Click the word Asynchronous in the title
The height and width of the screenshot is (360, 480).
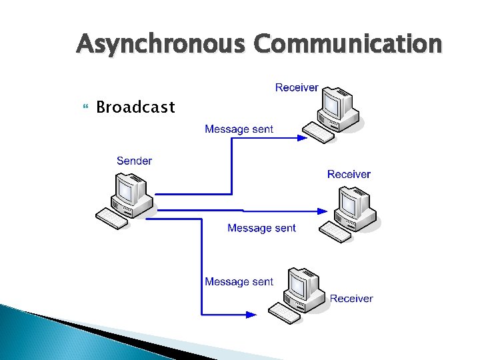pos(163,45)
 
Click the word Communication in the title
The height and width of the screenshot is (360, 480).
pos(347,45)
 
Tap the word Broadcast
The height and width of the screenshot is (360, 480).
pos(135,107)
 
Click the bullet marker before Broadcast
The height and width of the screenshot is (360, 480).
pos(83,107)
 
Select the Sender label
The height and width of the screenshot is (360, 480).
pos(134,161)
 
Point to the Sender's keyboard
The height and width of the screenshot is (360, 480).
pos(111,217)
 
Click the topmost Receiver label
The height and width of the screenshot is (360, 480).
pos(297,88)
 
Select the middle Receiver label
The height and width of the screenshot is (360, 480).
pos(349,174)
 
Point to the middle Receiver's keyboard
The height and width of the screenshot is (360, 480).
pos(335,232)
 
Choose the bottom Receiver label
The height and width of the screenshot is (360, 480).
pos(351,298)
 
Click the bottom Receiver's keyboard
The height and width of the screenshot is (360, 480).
pos(285,312)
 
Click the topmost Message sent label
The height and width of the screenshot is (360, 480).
pos(239,129)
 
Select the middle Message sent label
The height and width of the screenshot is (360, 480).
pos(261,228)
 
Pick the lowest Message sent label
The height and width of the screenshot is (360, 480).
pos(239,281)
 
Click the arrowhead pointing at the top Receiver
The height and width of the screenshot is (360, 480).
pos(301,139)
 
